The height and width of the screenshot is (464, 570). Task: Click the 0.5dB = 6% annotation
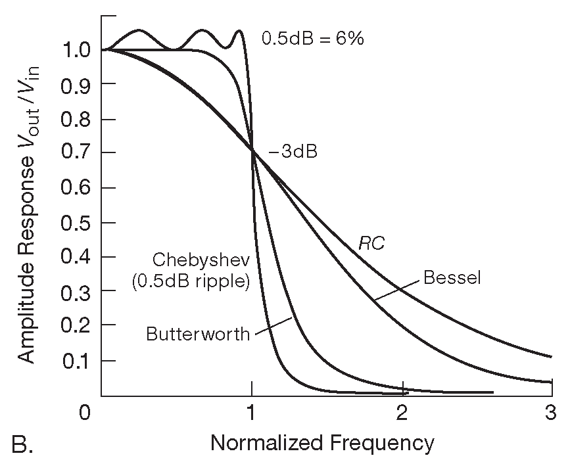tap(313, 37)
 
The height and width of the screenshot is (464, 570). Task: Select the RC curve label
tap(371, 243)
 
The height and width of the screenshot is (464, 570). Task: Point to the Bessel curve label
tap(452, 277)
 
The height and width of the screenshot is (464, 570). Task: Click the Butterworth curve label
tap(198, 334)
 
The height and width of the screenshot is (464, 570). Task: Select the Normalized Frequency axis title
tap(322, 443)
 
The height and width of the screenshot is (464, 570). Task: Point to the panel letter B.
tap(22, 445)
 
